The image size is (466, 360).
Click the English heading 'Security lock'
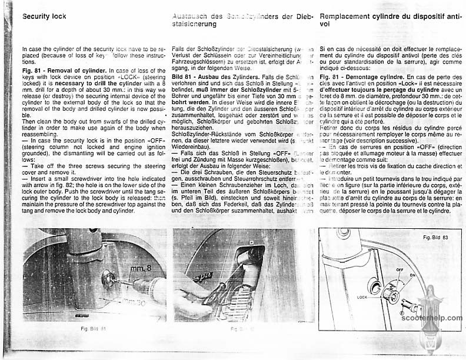coord(43,17)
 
